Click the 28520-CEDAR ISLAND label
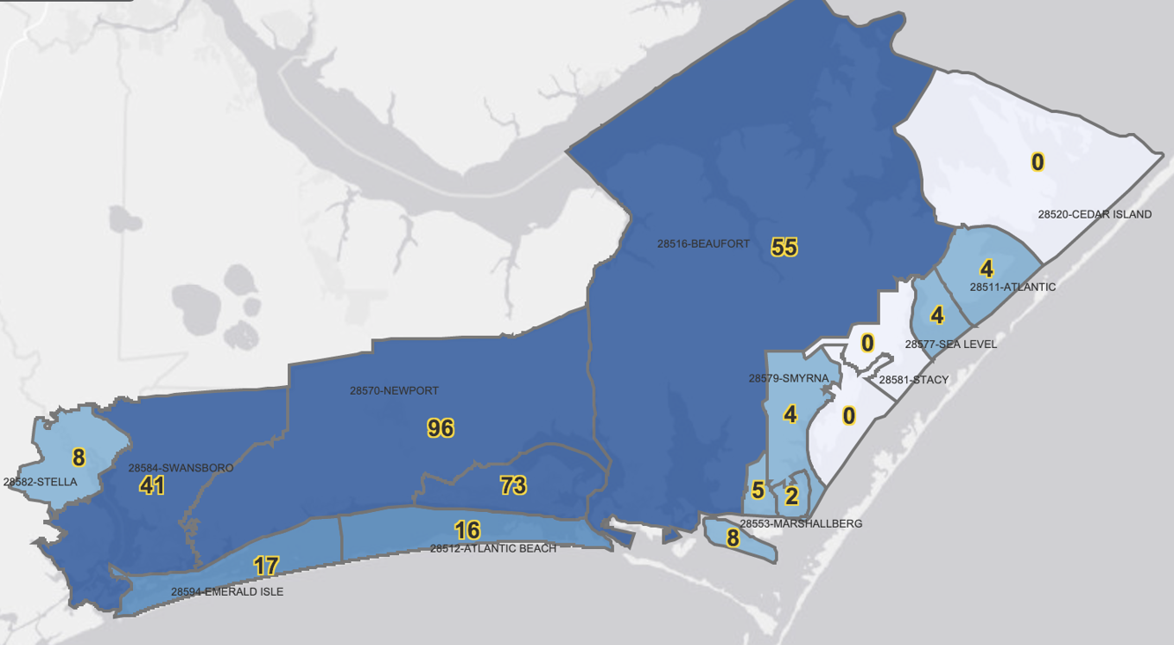click(x=1094, y=214)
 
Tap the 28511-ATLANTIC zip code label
click(x=1012, y=287)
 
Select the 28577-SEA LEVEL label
click(x=950, y=345)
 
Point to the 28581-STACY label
click(x=913, y=380)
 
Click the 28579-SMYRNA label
click(x=788, y=378)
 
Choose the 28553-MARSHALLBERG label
click(x=801, y=523)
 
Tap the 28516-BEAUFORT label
click(x=703, y=244)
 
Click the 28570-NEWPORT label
click(x=394, y=390)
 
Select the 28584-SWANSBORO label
click(x=181, y=468)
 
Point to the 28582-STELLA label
click(x=41, y=482)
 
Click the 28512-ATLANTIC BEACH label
click(x=492, y=548)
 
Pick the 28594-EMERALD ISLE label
click(x=227, y=592)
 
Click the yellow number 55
click(x=784, y=248)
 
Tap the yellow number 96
click(x=440, y=428)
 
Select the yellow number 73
click(x=513, y=485)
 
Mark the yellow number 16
click(x=467, y=530)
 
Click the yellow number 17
click(x=266, y=566)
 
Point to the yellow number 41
click(x=151, y=485)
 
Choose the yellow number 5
click(x=757, y=490)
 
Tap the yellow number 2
click(x=791, y=496)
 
